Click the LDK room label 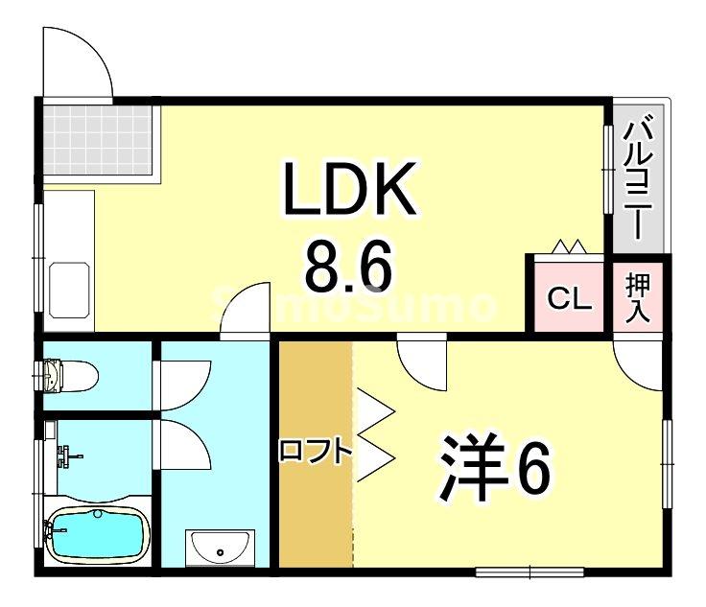349,190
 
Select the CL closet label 569,299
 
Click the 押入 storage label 639,298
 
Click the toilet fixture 67,374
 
